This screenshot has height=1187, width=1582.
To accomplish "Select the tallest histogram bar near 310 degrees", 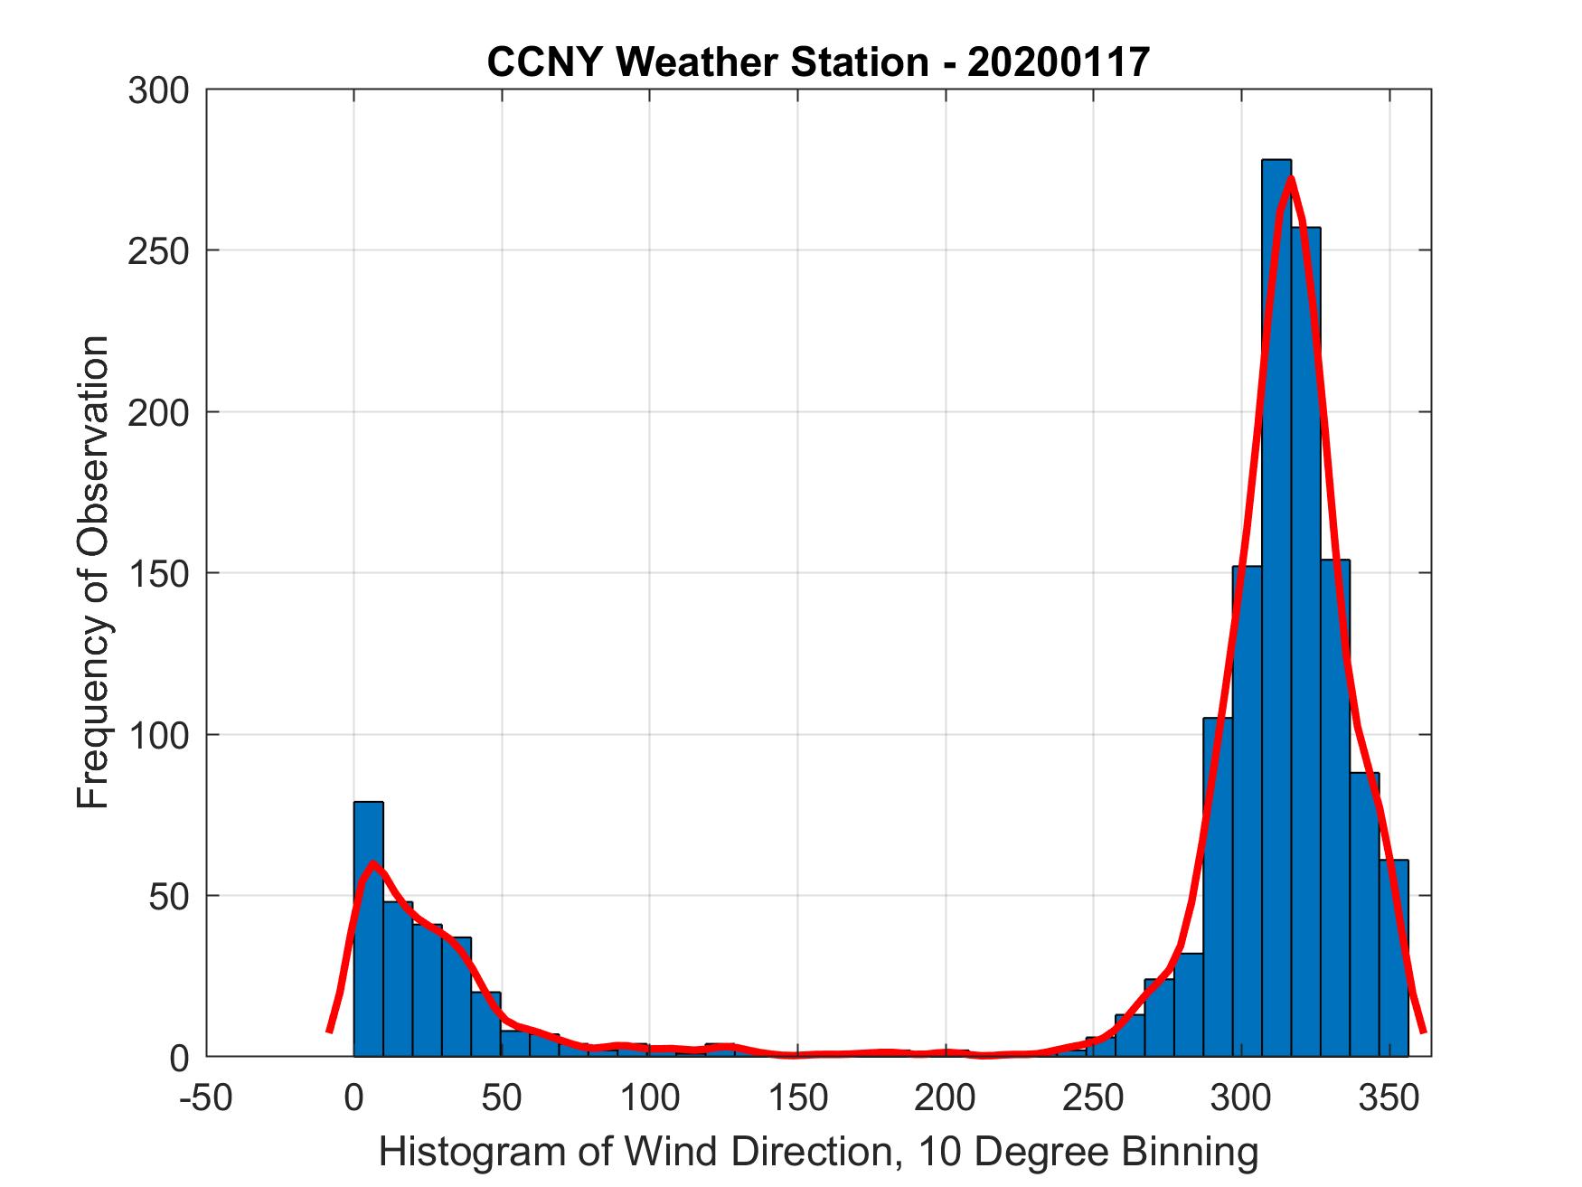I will coord(1276,606).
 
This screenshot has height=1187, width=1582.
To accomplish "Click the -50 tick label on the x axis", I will coord(205,1098).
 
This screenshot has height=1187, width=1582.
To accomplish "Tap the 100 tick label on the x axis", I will coord(649,1098).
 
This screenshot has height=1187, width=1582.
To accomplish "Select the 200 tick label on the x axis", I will coord(946,1098).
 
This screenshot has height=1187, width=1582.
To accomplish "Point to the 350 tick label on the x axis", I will coord(1389,1098).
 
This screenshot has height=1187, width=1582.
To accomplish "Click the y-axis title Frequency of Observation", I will coord(93,572).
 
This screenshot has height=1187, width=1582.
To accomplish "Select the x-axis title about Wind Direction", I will coord(818,1152).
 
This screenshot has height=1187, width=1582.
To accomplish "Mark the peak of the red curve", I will coord(1290,179).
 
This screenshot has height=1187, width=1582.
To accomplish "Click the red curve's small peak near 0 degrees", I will coord(372,863).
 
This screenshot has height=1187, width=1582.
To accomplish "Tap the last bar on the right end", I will coord(1393,958).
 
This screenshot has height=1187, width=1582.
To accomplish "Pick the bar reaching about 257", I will coord(1305,642).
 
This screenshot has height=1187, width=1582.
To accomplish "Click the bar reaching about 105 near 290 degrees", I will coord(1217,886).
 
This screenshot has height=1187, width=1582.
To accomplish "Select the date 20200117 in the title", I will coord(1059,62).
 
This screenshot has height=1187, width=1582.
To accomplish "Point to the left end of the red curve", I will coord(329,1031).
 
